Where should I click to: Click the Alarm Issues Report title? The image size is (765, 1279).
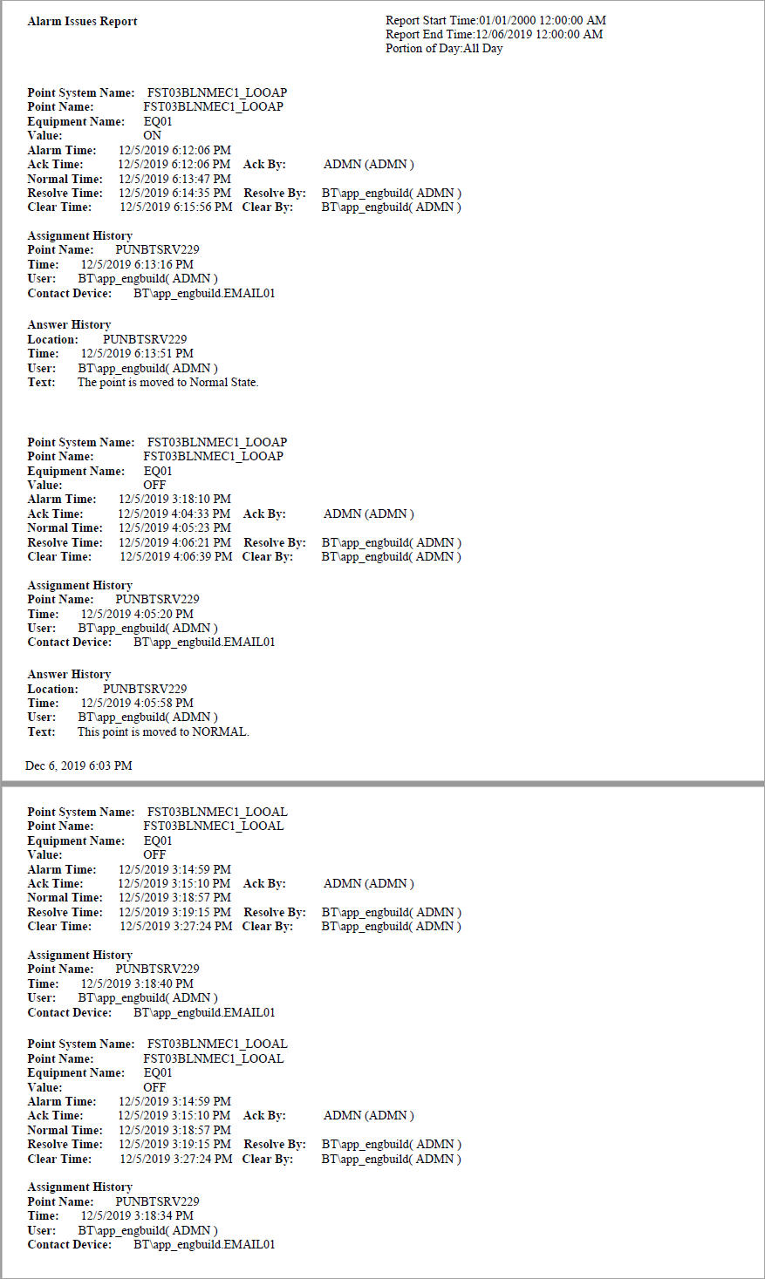point(82,21)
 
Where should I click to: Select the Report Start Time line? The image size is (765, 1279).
point(495,20)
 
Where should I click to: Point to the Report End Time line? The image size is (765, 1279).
point(494,34)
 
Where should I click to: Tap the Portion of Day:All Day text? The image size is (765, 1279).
point(444,48)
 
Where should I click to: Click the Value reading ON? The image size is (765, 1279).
point(152,135)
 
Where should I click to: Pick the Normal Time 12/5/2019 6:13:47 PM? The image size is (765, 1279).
point(174,179)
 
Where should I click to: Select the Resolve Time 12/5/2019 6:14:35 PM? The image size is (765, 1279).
point(174,193)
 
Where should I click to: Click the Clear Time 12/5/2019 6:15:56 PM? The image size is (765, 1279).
point(175,207)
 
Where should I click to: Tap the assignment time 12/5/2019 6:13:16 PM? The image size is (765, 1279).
point(137,264)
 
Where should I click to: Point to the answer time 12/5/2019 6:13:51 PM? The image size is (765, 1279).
point(137,353)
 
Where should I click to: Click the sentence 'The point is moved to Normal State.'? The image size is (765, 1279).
point(167,382)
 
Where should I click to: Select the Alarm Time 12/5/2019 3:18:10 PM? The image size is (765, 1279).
point(174,499)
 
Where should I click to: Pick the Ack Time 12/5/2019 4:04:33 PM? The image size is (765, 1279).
point(174,514)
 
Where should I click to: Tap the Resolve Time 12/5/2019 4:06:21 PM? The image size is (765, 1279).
point(174,542)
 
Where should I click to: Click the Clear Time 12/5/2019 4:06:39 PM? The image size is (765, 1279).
point(175,556)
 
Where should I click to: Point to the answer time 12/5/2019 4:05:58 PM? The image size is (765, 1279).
point(137,703)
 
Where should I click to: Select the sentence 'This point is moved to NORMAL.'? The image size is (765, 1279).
point(163,731)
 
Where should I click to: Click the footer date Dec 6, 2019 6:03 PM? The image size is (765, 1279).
point(79,765)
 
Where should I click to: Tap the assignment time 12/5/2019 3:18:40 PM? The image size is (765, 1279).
point(137,983)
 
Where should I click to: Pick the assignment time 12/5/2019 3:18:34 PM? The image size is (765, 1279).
point(137,1215)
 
